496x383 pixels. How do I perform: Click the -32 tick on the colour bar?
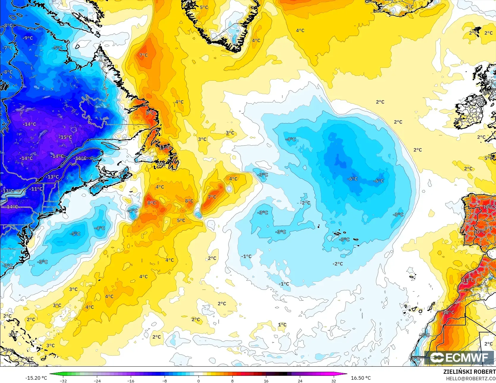(63, 381)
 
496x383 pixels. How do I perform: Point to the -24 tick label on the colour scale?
(97, 381)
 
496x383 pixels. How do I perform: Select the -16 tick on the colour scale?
(131, 381)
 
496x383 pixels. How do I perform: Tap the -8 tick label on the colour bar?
(165, 381)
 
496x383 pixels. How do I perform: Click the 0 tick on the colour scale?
(199, 381)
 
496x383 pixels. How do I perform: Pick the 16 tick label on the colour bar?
(266, 381)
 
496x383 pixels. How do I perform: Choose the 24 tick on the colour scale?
(300, 381)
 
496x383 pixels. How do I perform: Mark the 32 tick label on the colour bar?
(334, 381)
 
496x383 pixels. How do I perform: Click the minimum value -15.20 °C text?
(36, 378)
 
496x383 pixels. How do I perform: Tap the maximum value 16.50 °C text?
(361, 378)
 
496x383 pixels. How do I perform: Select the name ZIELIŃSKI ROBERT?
(469, 372)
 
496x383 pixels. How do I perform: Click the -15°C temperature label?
(66, 137)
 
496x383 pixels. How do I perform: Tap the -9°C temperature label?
(28, 38)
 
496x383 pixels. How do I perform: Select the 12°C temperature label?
(449, 312)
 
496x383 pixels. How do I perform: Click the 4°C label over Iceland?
(410, 7)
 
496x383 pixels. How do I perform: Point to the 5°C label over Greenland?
(204, 7)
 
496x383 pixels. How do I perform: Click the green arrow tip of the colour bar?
(51, 374)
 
